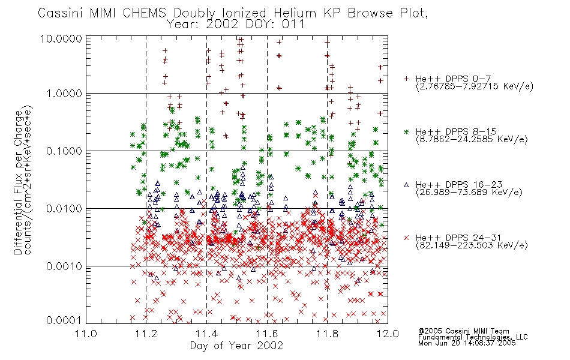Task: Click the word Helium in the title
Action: [x=295, y=13]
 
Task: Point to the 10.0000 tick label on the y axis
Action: [x=61, y=38]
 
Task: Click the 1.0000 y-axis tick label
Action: [x=64, y=94]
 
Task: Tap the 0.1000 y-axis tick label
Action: [x=64, y=151]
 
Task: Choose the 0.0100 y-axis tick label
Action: [x=64, y=209]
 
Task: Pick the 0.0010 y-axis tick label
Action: [x=64, y=266]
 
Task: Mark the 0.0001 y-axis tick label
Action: [x=64, y=320]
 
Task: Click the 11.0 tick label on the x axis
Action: [x=86, y=334]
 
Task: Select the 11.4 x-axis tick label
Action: [x=206, y=334]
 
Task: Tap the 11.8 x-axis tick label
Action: [x=327, y=334]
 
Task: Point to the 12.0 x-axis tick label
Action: [x=388, y=334]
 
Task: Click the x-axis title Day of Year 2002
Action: [x=236, y=346]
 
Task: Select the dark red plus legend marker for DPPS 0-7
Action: [x=406, y=79]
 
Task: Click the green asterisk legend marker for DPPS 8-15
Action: [x=406, y=131]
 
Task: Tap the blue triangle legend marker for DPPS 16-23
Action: [x=406, y=185]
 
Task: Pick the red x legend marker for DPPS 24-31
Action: [x=406, y=238]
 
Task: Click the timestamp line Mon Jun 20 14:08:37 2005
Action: [x=467, y=343]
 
